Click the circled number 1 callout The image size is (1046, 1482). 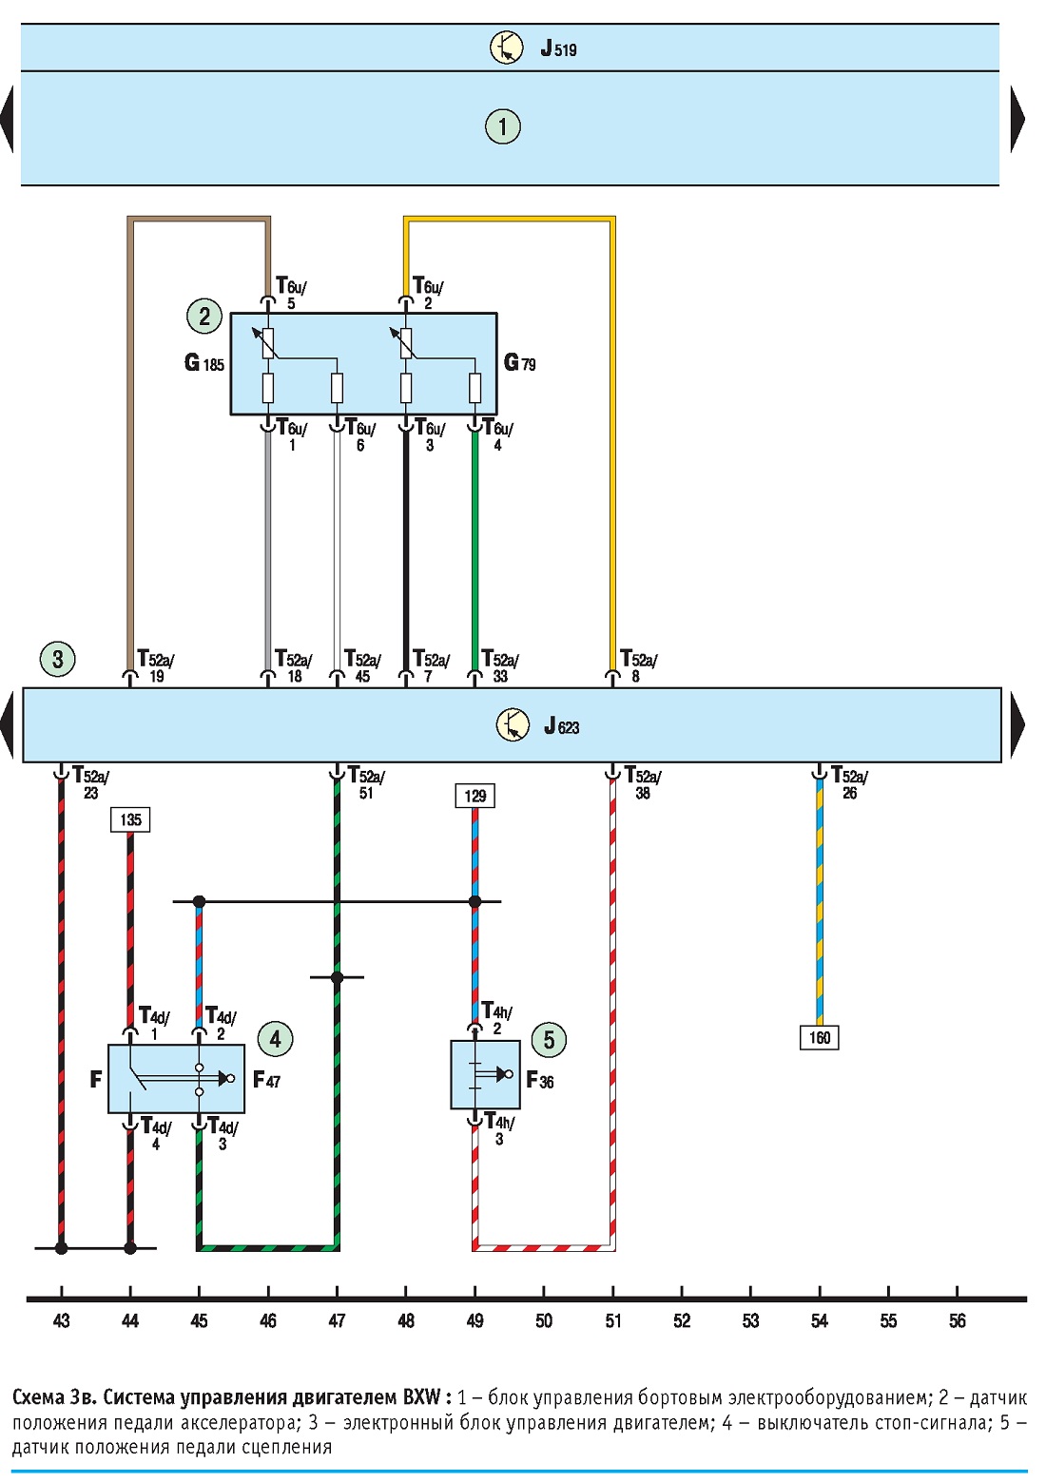pyautogui.click(x=503, y=126)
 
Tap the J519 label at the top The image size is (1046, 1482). pyautogui.click(x=558, y=49)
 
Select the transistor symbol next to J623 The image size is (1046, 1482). pyautogui.click(x=513, y=724)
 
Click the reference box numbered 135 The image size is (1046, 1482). pyautogui.click(x=130, y=819)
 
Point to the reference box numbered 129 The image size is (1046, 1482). pyautogui.click(x=475, y=796)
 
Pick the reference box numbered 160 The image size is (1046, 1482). pyautogui.click(x=820, y=1037)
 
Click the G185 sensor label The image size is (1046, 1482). pyautogui.click(x=203, y=362)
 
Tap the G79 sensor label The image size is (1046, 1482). pyautogui.click(x=520, y=362)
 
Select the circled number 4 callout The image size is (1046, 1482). pyautogui.click(x=275, y=1039)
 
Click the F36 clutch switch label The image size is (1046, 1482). pyautogui.click(x=540, y=1080)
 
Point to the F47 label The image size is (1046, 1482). pyautogui.click(x=267, y=1080)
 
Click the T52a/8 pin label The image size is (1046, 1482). pyautogui.click(x=638, y=665)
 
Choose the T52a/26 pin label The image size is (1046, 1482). pyautogui.click(x=849, y=782)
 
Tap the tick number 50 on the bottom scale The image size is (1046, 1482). pyautogui.click(x=544, y=1321)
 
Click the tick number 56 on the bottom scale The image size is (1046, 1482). pyautogui.click(x=958, y=1321)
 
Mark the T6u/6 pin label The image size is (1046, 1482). pyautogui.click(x=361, y=434)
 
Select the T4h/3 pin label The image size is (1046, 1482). pyautogui.click(x=500, y=1128)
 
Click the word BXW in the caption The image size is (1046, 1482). pyautogui.click(x=421, y=1397)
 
